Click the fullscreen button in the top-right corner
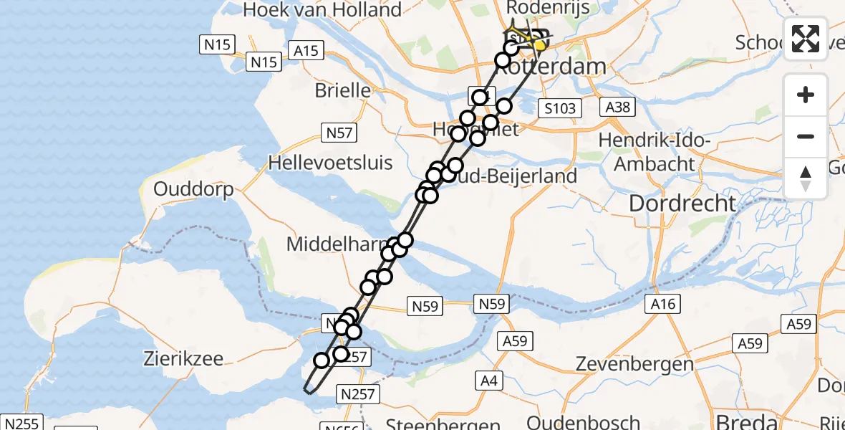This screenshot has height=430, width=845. [806, 38]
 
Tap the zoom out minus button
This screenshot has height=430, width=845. [806, 136]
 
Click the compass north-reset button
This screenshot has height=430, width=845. [806, 178]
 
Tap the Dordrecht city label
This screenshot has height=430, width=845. [682, 204]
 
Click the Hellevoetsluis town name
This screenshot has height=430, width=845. [330, 163]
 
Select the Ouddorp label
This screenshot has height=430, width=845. [193, 190]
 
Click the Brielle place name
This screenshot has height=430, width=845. [343, 91]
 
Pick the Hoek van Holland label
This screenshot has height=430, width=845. [322, 10]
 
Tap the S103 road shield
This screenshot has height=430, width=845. [559, 108]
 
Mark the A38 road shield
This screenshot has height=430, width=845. [617, 107]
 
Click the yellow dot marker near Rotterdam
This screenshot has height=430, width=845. [540, 45]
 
